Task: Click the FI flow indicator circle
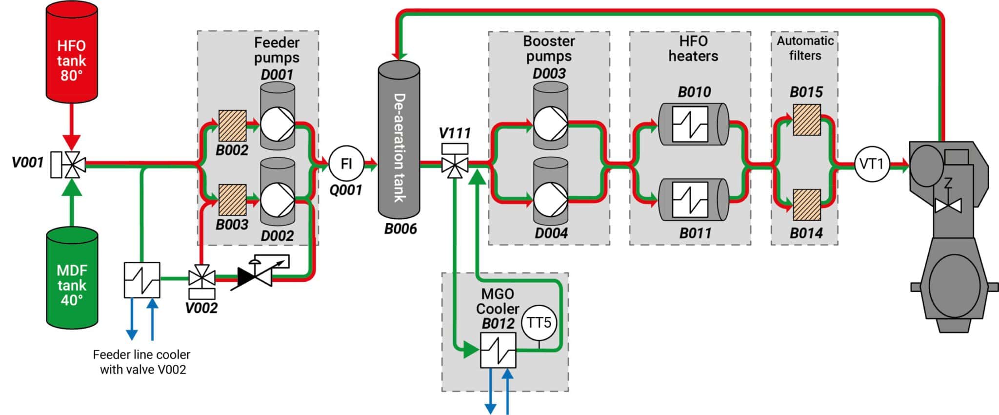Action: pyautogui.click(x=346, y=164)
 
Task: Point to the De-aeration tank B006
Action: pyautogui.click(x=399, y=142)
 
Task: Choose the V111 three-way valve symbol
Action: pyautogui.click(x=455, y=165)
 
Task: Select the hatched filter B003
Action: pyautogui.click(x=232, y=200)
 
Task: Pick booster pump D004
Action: pyautogui.click(x=550, y=199)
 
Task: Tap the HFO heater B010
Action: pyautogui.click(x=693, y=124)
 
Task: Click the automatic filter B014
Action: pyautogui.click(x=807, y=205)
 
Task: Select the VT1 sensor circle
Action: pyautogui.click(x=872, y=164)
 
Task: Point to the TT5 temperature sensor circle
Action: pyautogui.click(x=539, y=323)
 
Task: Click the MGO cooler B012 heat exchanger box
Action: pyautogui.click(x=498, y=351)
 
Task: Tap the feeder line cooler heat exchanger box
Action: pyautogui.click(x=142, y=280)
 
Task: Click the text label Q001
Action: pyautogui.click(x=346, y=190)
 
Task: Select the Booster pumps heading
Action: pyautogui.click(x=549, y=48)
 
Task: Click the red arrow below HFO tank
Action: pyautogui.click(x=72, y=129)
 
